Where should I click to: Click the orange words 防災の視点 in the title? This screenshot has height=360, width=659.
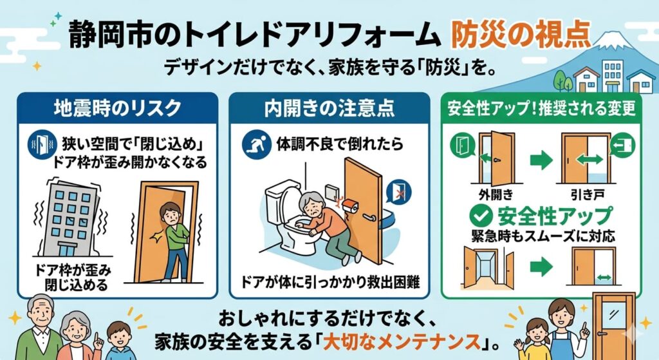coord(520,33)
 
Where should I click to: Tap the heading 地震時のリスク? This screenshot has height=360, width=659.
coord(117,108)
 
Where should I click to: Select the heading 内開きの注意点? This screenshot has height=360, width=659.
coord(329,108)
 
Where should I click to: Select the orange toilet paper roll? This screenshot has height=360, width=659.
coord(350,206)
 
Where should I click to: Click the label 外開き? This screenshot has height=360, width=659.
coord(496,194)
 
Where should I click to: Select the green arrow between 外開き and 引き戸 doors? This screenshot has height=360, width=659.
coord(541,160)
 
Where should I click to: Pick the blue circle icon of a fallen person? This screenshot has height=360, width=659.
coord(256,145)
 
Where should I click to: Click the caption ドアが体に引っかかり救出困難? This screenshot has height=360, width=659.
coord(330,282)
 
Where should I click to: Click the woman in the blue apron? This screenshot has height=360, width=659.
coord(565,330)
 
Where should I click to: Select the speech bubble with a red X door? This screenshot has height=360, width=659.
coord(398,192)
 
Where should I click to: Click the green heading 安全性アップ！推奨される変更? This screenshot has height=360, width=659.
coord(541,108)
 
